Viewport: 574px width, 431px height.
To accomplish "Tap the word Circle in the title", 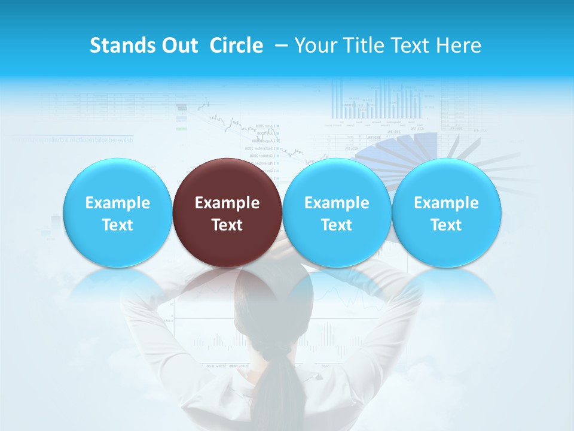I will point(236,45).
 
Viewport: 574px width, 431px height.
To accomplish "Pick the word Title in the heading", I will point(362,45).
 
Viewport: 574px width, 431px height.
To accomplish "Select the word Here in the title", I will point(459,45).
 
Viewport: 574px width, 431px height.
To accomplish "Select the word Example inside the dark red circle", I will point(227,203).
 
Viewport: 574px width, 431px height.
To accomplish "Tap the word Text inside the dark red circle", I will point(227,225).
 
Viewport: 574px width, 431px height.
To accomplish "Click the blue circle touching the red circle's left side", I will point(117,213).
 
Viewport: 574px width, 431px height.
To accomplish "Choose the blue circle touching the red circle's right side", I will point(337,213).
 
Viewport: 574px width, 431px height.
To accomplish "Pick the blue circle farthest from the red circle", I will point(446,213).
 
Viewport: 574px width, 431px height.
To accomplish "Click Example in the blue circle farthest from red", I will point(446,203).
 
